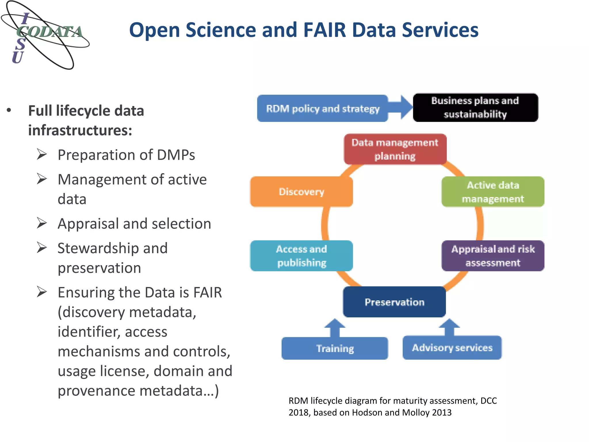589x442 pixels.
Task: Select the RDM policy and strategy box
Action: [x=322, y=108]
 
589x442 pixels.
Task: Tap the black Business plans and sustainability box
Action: [x=475, y=107]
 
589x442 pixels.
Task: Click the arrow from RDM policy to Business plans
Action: [x=403, y=107]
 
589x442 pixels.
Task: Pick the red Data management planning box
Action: [x=395, y=149]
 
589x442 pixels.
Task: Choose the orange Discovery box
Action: [x=301, y=192]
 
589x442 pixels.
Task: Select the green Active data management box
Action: [x=493, y=192]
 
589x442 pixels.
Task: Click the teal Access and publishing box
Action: [x=301, y=256]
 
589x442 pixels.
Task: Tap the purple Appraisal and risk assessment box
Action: [x=493, y=256]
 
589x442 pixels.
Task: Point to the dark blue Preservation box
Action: [x=394, y=302]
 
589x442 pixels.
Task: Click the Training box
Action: [x=335, y=348]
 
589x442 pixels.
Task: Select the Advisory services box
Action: [x=452, y=348]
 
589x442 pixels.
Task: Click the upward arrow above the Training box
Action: [x=335, y=327]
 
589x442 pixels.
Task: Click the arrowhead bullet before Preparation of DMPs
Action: [x=42, y=155]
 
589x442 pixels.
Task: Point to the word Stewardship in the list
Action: [x=112, y=248]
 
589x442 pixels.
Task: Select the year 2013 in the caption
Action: [x=442, y=412]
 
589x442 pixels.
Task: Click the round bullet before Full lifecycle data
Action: [x=9, y=110]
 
